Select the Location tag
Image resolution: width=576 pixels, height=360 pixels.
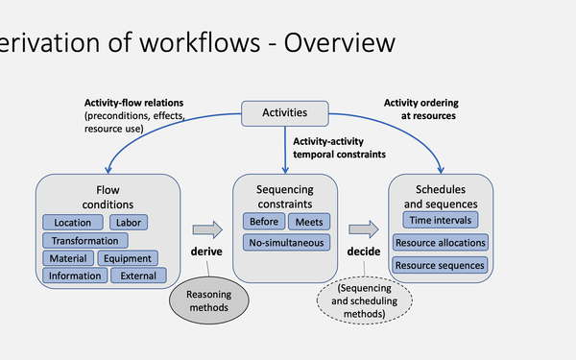click(x=72, y=223)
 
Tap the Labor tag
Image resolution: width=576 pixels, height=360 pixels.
click(x=128, y=223)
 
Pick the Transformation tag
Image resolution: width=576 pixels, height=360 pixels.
click(x=85, y=240)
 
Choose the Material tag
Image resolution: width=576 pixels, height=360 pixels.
click(x=66, y=258)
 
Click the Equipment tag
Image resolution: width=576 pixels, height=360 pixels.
click(x=128, y=258)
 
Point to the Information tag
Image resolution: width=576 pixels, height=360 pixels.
click(x=75, y=276)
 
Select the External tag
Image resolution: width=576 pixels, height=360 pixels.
click(x=140, y=276)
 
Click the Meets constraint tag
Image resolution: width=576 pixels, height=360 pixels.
click(x=308, y=223)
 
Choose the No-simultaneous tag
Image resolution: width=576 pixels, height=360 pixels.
click(x=286, y=243)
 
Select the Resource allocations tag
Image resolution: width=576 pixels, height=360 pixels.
click(x=442, y=243)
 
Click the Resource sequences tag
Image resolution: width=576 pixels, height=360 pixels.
click(x=442, y=264)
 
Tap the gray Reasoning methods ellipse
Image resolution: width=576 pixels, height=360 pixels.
click(x=208, y=301)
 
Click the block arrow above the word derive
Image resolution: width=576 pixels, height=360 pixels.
click(x=206, y=229)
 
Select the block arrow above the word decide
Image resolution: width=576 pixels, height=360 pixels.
click(x=363, y=229)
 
